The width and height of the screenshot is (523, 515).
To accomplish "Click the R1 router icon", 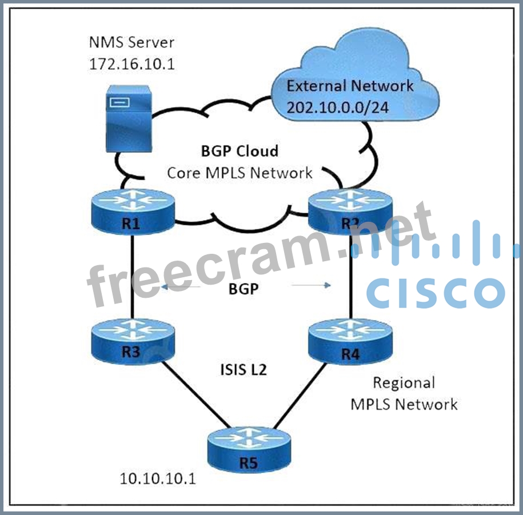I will click(x=133, y=213).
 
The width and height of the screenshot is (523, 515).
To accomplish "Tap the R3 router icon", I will click(x=133, y=341).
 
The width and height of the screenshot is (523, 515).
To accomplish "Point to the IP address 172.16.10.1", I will click(x=131, y=63).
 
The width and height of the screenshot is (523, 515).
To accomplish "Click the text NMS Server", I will click(x=131, y=42).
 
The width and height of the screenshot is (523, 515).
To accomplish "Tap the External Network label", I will click(x=350, y=86).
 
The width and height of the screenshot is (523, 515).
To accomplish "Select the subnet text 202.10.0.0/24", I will click(x=338, y=107).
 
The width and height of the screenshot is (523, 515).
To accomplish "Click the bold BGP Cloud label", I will click(x=239, y=151).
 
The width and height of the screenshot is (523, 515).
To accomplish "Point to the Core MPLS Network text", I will click(x=239, y=173).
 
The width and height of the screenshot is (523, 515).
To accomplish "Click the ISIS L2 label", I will click(x=243, y=370).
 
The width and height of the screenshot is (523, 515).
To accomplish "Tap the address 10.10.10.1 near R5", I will click(x=158, y=478).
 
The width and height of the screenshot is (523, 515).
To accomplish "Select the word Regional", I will click(x=404, y=382).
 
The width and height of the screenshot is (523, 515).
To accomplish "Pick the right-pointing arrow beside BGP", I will click(x=312, y=285).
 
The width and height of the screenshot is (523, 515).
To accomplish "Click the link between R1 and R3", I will click(x=133, y=274).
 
